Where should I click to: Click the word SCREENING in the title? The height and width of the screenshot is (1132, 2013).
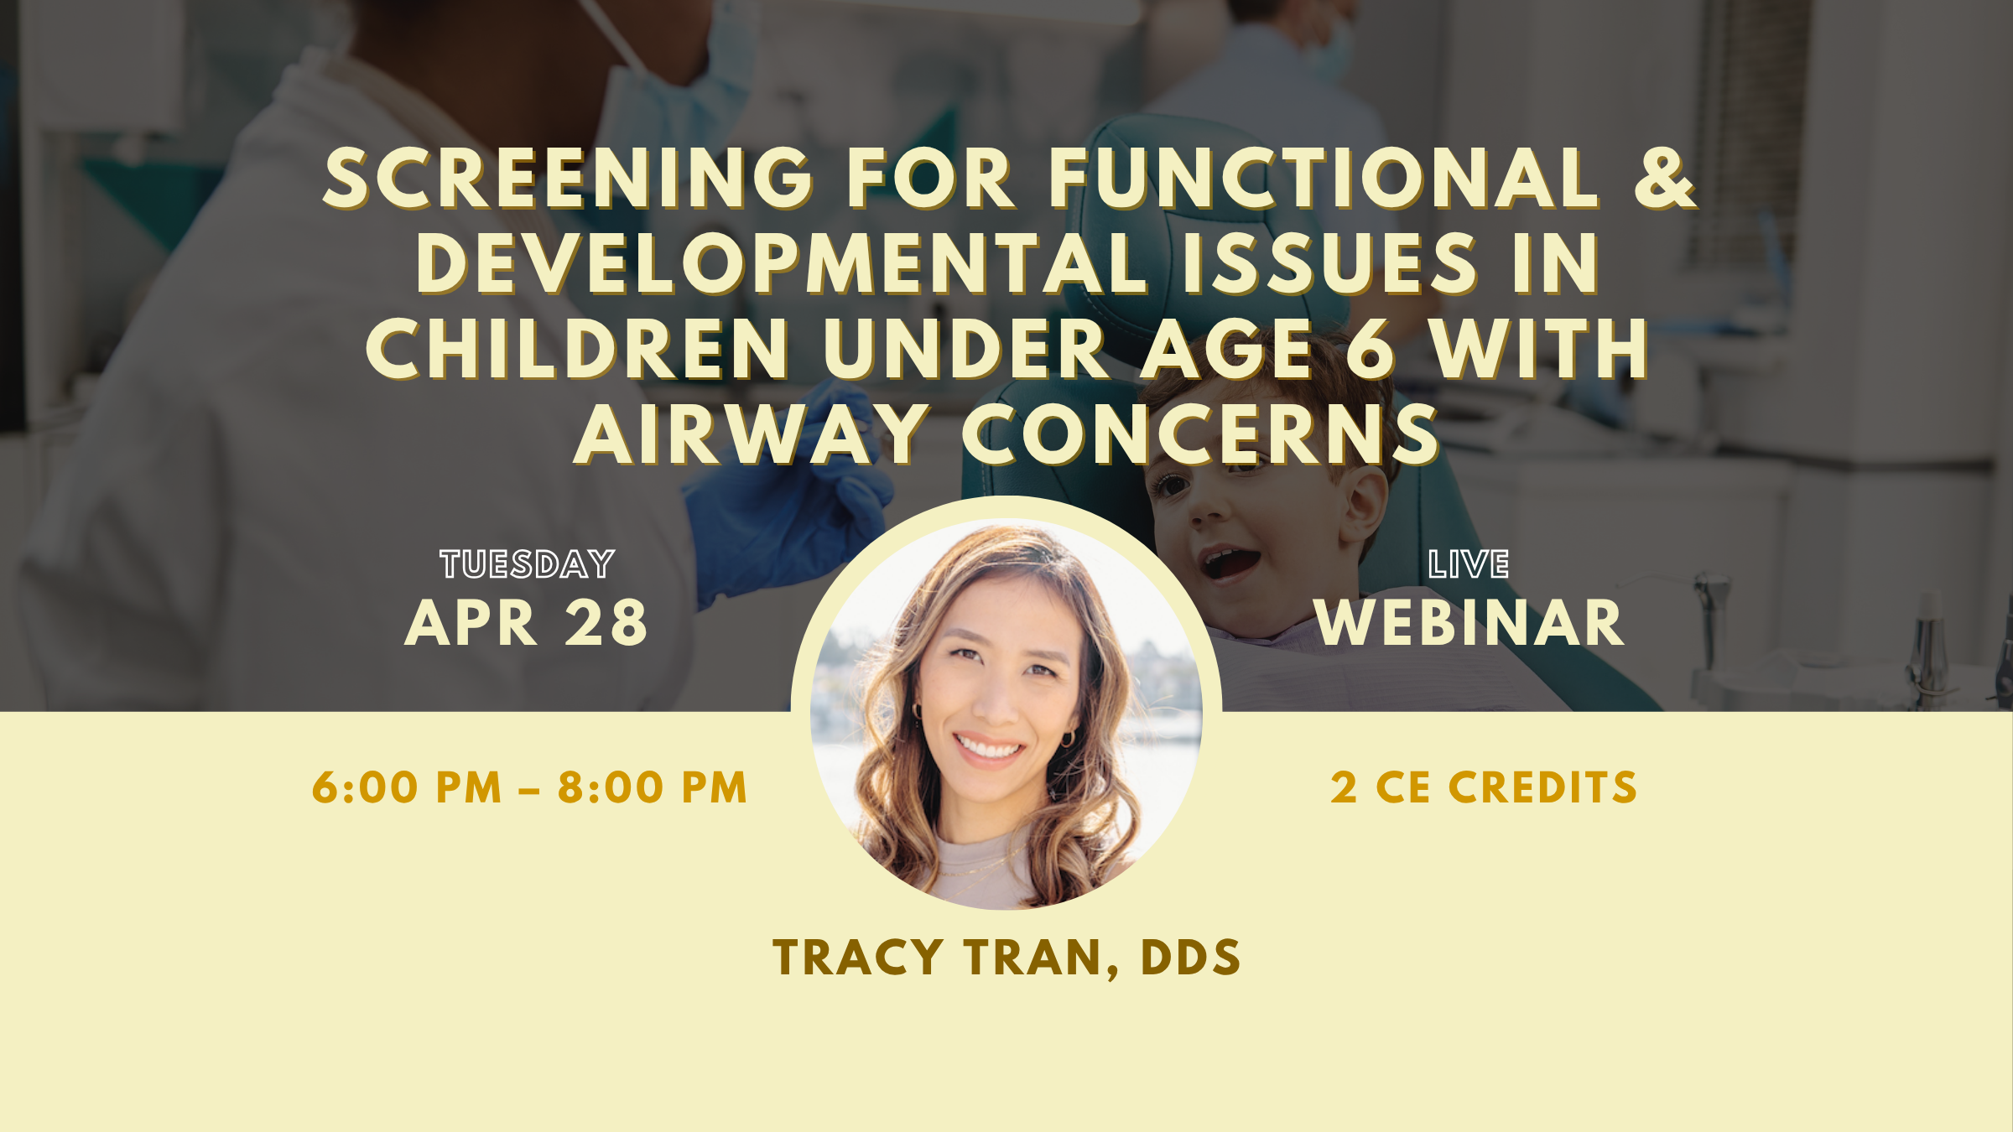coord(568,178)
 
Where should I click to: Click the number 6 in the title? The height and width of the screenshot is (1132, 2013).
coord(1370,349)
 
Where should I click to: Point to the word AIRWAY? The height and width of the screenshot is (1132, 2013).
coord(752,434)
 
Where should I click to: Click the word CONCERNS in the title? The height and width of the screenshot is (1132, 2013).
coord(1201,434)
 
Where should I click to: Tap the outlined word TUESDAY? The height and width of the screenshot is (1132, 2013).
coord(528,564)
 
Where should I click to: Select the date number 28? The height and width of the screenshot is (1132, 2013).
coord(606,623)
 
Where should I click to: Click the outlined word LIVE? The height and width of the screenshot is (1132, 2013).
coord(1469,564)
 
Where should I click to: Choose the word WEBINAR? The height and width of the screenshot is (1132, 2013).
coord(1469,623)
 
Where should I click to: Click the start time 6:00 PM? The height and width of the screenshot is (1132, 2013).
coord(407,788)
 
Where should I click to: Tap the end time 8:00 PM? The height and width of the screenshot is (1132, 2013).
coord(653,788)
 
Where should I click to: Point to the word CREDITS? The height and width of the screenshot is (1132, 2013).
coord(1542,788)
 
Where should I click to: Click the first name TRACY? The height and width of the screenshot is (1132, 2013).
coord(859,958)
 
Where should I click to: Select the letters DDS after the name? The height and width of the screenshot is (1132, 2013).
coord(1190,958)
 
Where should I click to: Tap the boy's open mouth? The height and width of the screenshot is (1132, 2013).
coord(1229,563)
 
